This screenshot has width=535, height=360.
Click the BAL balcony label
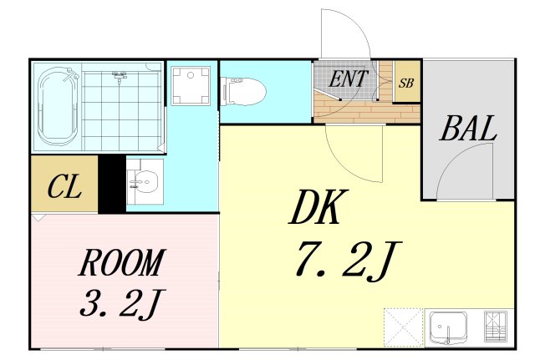[x=468, y=129]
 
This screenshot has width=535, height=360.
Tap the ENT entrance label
[x=348, y=79]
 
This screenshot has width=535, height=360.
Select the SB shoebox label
[x=406, y=83]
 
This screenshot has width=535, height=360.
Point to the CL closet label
[x=64, y=186]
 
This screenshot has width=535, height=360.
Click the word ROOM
[x=122, y=262]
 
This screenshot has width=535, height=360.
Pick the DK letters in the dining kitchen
[x=318, y=207]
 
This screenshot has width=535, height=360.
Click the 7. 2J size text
[x=348, y=261]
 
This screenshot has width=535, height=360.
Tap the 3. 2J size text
[x=122, y=303]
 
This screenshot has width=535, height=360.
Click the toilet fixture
[x=243, y=91]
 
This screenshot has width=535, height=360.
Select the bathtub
[x=58, y=106]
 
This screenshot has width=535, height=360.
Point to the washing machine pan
[x=191, y=86]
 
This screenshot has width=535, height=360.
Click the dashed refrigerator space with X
[x=403, y=327]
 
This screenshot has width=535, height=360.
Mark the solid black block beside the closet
[x=112, y=185]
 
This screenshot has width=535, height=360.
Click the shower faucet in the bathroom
[x=119, y=77]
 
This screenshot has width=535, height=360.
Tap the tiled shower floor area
[x=121, y=111]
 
